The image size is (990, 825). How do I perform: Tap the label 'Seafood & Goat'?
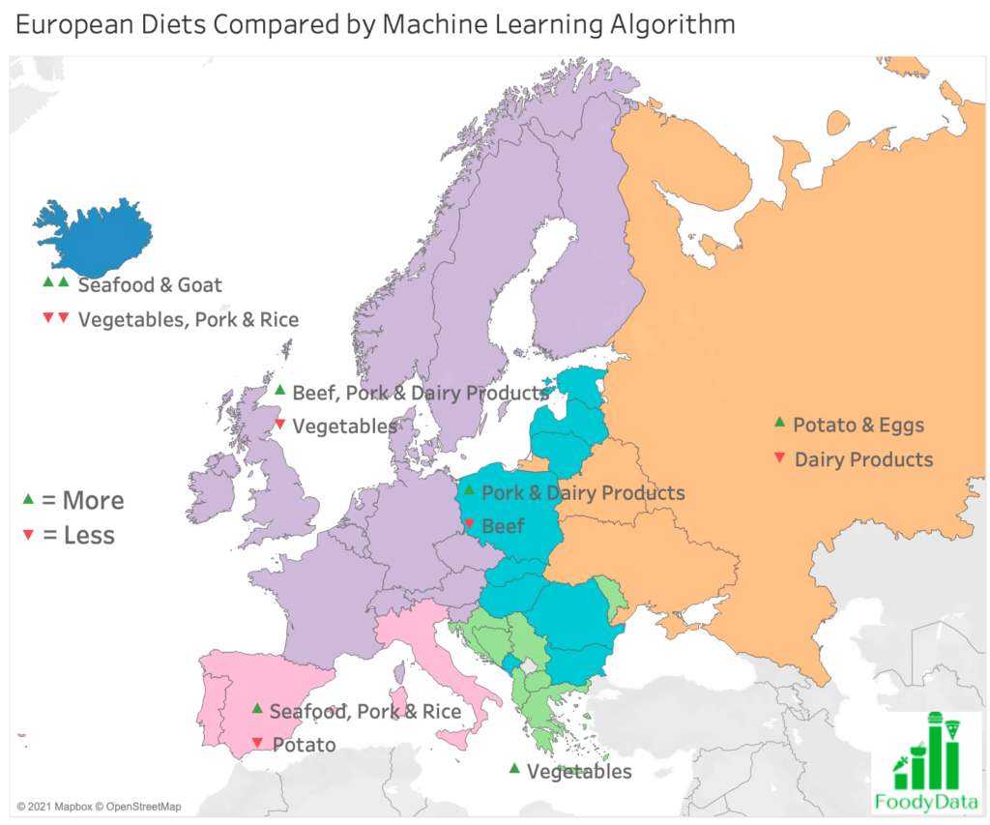pos(150,285)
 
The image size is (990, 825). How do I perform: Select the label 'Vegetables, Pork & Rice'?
pos(189,319)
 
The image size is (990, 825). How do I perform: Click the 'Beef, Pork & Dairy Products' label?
pos(420,393)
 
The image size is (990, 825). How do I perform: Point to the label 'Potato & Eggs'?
pos(859,425)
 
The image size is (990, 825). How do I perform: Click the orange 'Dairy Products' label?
pos(863,459)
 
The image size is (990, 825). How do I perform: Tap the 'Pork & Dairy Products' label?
pos(583,493)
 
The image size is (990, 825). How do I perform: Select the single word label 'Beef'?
pos(503,526)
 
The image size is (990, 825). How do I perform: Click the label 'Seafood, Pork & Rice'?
pos(365,712)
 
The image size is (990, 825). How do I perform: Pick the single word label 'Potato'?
pos(303,745)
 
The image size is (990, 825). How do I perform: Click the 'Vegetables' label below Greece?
pos(579,771)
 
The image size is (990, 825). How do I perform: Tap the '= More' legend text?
pos(83,500)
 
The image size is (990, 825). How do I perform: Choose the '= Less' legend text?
pos(78,535)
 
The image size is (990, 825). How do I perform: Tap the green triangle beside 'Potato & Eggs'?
pos(779,423)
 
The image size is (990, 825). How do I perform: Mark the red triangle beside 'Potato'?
pos(257,743)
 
